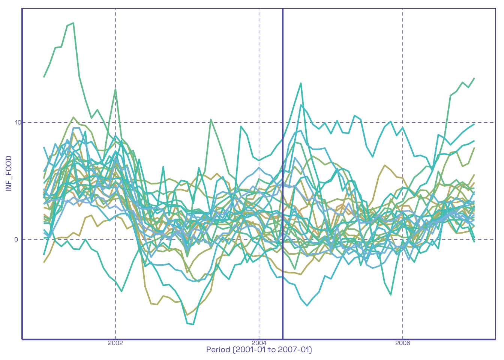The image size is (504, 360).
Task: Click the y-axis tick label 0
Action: (16, 239)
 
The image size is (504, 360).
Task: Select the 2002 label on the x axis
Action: (115, 343)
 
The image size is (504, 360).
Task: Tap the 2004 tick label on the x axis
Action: (259, 343)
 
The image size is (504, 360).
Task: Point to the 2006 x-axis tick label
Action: (402, 343)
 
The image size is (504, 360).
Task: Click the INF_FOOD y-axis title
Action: (9, 174)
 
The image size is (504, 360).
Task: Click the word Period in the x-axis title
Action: (218, 350)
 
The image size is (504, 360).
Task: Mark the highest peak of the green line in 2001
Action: (73, 23)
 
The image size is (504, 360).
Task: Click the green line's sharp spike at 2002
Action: (115, 89)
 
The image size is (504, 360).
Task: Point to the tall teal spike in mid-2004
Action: (301, 83)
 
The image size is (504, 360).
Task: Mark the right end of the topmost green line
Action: (475, 78)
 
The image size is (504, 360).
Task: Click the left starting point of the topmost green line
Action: (44, 77)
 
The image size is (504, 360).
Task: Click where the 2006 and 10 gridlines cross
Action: (403, 122)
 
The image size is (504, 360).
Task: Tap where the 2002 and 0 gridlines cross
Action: (115, 239)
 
